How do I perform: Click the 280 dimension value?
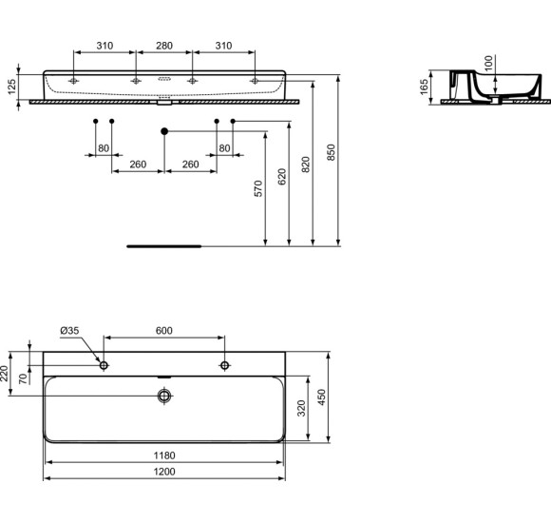coord(163,46)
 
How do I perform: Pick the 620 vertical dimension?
coord(282,179)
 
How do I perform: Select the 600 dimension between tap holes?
coord(163,330)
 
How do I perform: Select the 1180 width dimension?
coord(164,455)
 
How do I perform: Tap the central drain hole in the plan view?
coord(164,395)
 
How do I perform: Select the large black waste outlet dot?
coord(164,130)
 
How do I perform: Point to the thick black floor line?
coord(164,244)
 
